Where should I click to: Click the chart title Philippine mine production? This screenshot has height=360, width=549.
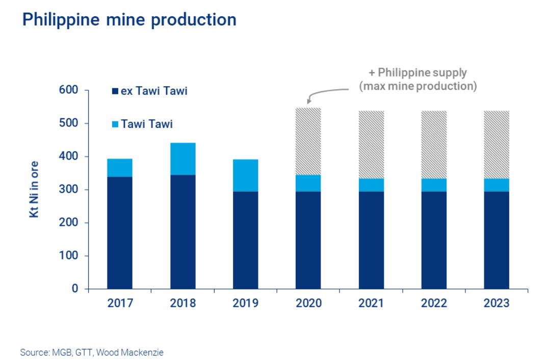point(129,19)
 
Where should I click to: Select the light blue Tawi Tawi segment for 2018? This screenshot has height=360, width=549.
point(183,159)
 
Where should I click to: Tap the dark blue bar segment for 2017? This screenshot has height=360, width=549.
point(120,233)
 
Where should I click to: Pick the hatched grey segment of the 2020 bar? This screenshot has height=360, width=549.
point(308,141)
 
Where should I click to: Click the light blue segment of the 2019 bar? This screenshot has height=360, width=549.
point(246,175)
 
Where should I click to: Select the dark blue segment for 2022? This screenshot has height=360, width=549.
point(434,240)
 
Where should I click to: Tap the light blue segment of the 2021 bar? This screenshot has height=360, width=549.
point(371,185)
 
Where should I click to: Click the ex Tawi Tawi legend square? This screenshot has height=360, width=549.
point(115,92)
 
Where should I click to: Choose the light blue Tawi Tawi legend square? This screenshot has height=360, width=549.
point(115,124)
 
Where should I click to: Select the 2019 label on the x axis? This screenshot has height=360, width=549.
point(246,303)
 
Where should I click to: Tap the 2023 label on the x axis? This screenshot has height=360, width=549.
point(496,303)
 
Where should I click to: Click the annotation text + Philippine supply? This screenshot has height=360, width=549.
point(417,73)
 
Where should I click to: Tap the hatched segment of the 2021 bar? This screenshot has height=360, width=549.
point(371,144)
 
